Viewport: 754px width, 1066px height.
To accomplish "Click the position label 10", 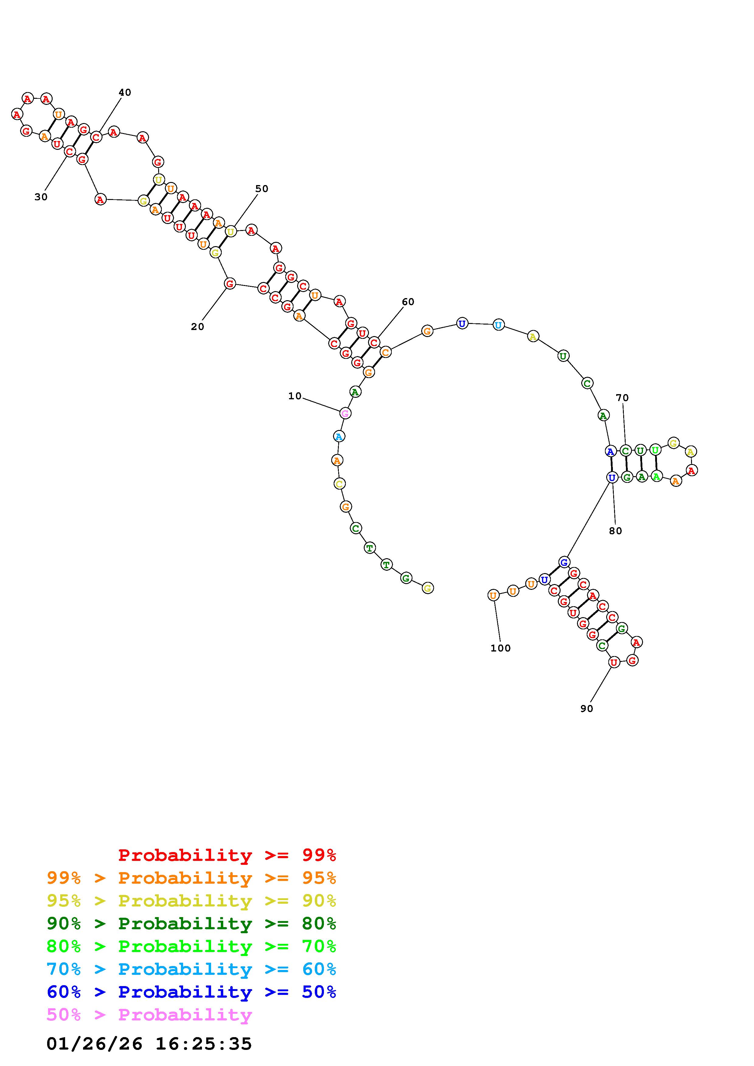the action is (x=294, y=396).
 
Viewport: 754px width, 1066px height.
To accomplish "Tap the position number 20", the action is (x=197, y=327).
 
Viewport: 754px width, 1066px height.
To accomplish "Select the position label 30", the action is (x=41, y=197).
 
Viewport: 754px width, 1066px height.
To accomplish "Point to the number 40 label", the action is (x=124, y=92).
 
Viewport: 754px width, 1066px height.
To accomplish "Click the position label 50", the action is (x=262, y=188).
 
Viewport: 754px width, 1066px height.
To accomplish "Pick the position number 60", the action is (x=408, y=302).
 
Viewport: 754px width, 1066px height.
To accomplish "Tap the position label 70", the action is (x=622, y=397).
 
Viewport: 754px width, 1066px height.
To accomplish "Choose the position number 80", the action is (x=615, y=531).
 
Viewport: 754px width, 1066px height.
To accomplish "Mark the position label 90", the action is (x=587, y=709).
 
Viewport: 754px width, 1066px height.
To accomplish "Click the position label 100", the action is (x=500, y=648).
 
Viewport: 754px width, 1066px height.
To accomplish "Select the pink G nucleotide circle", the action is (x=345, y=413).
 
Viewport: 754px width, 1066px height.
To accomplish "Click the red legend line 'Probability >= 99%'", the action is (x=227, y=855).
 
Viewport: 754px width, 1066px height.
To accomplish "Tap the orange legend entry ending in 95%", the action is (x=191, y=878).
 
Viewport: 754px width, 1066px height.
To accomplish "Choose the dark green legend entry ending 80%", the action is (x=191, y=923).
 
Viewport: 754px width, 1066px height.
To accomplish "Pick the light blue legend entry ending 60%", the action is (x=191, y=969).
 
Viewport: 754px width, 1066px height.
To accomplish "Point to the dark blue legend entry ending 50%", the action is (x=191, y=992).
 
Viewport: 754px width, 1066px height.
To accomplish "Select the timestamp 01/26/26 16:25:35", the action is (x=149, y=1044).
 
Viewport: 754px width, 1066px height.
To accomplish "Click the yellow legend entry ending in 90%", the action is (x=191, y=901).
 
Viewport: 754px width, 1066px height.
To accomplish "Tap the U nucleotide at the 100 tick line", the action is (x=493, y=595).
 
